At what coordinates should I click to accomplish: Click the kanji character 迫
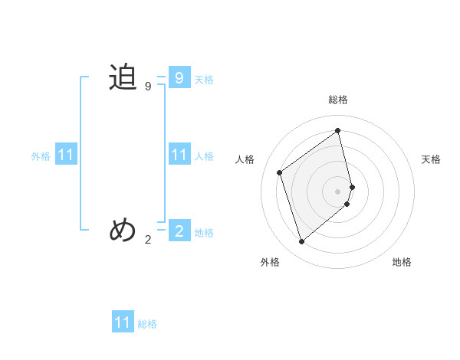point(123,78)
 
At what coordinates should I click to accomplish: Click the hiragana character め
point(123,229)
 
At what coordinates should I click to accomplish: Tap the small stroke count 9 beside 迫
point(148,87)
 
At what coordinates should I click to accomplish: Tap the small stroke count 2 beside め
point(148,239)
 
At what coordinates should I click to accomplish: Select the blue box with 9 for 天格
point(179,78)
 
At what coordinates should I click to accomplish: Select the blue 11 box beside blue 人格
point(179,155)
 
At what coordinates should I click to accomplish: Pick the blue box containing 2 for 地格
point(179,231)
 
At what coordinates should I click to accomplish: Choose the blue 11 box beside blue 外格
point(65,155)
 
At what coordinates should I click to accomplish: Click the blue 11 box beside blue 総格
point(123,322)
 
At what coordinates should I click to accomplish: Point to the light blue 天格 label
point(204,80)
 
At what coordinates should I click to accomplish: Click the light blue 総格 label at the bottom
point(147,324)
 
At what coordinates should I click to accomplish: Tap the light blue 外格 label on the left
point(41,156)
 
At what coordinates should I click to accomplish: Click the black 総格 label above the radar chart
point(338,100)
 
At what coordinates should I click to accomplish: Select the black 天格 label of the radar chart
point(431,159)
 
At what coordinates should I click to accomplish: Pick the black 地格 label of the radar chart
point(402,262)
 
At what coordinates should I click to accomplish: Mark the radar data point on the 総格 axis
point(338,130)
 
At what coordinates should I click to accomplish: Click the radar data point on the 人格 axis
point(280,172)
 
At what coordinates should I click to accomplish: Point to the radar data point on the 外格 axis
point(301,242)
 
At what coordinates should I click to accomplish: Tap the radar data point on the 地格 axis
point(347,204)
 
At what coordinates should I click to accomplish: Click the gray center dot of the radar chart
point(338,191)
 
